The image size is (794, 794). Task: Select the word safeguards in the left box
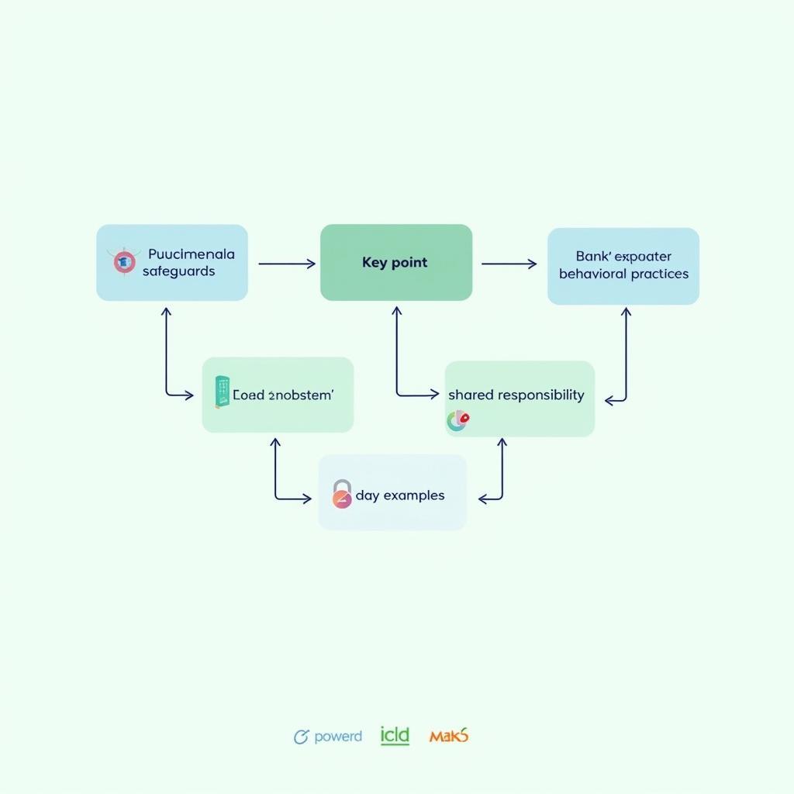pyautogui.click(x=178, y=271)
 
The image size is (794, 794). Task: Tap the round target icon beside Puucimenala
pyautogui.click(x=124, y=262)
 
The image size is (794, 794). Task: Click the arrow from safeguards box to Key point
pyautogui.click(x=286, y=264)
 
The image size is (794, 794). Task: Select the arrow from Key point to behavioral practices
pyautogui.click(x=509, y=264)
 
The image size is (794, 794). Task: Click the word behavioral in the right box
pyautogui.click(x=592, y=274)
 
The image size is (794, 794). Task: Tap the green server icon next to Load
pyautogui.click(x=222, y=392)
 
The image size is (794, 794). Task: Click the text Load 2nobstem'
pyautogui.click(x=283, y=395)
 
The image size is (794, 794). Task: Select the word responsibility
pyautogui.click(x=540, y=395)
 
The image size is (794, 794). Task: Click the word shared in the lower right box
pyautogui.click(x=471, y=395)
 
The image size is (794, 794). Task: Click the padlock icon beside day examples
pyautogui.click(x=342, y=494)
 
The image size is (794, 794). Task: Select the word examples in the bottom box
pyautogui.click(x=414, y=495)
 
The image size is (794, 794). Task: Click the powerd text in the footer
pyautogui.click(x=338, y=737)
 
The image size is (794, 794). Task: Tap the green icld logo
pyautogui.click(x=395, y=735)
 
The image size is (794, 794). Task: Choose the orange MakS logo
pyautogui.click(x=449, y=736)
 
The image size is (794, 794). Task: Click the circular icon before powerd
pyautogui.click(x=301, y=737)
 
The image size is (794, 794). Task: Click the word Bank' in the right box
pyautogui.click(x=594, y=256)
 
